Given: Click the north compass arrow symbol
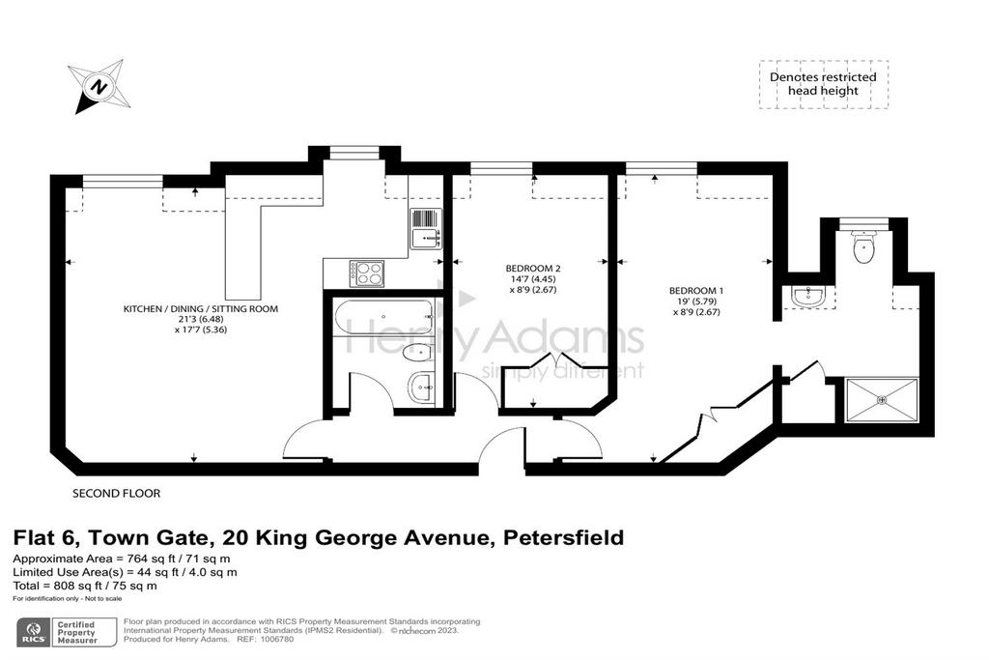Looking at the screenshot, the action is (x=98, y=87).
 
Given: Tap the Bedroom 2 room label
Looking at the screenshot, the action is (x=533, y=269).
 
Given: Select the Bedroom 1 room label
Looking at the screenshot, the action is (x=695, y=291).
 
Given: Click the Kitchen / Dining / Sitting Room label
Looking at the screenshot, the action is (x=201, y=309).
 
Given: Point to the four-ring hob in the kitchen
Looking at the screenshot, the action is (x=367, y=273).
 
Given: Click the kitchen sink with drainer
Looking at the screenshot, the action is (x=425, y=228).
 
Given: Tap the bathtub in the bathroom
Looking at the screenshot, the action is (x=384, y=317).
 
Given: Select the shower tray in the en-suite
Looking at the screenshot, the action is (x=881, y=399).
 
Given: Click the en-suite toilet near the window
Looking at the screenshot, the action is (x=862, y=246).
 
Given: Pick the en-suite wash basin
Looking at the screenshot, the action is (x=808, y=298).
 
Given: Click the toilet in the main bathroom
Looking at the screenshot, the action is (x=417, y=353).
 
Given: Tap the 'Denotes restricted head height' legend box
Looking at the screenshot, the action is (x=823, y=84).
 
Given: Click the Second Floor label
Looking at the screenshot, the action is (x=117, y=494).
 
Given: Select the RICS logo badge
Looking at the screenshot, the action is (x=34, y=632).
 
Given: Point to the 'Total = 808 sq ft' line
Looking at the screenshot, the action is (x=85, y=586).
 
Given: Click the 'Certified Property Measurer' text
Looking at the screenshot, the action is (x=77, y=632).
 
